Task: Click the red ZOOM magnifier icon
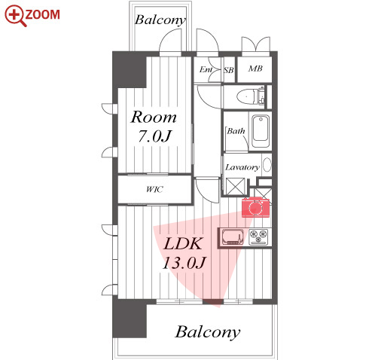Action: coord(15,16)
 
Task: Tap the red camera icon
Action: coord(255,207)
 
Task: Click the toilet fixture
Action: coord(250,96)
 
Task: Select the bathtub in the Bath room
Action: coord(261,131)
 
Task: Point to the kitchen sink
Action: coord(232,237)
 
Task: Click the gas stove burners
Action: coord(258,236)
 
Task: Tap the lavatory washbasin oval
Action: coord(267,165)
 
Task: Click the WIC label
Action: coord(154,189)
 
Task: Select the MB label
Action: coord(255,69)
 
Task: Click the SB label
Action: coord(229,70)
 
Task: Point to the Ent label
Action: coord(206,69)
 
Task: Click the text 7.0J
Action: coord(154,136)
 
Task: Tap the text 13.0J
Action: coord(184,263)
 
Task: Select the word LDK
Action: coord(183,243)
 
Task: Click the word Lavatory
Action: coord(242,167)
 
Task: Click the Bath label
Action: coord(236,131)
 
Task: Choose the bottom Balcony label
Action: coord(207,332)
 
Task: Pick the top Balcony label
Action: coord(160,20)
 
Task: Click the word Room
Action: coord(154,117)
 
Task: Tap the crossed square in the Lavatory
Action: coord(235,186)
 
